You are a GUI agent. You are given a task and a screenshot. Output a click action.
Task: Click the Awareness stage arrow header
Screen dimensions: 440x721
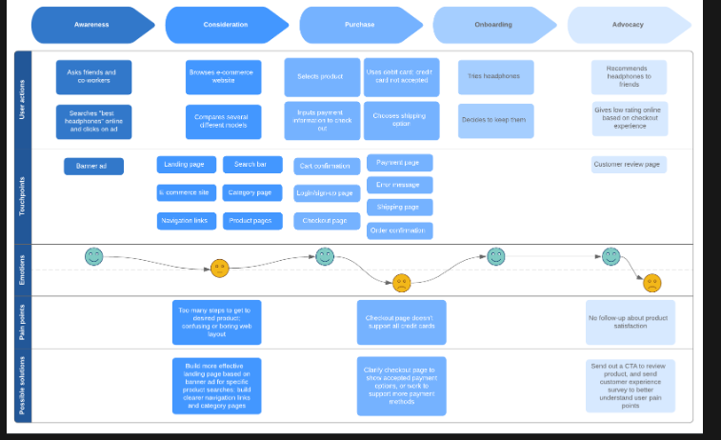(91, 25)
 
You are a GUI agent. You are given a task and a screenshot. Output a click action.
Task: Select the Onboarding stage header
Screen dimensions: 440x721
(493, 25)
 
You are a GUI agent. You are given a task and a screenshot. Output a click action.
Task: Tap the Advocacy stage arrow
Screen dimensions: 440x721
(628, 25)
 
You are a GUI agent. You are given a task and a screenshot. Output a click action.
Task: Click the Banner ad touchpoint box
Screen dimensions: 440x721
(93, 166)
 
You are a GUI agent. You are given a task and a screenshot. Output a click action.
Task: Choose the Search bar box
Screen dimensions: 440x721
(252, 165)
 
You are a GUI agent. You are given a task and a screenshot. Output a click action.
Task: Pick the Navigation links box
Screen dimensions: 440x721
(186, 221)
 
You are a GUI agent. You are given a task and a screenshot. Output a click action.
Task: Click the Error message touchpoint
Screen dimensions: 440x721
(399, 185)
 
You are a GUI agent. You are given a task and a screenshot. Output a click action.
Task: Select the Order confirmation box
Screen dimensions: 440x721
(399, 230)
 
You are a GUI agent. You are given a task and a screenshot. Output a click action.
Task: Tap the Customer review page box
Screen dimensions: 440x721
(628, 165)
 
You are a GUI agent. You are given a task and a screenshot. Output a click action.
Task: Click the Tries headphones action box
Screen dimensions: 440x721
(495, 77)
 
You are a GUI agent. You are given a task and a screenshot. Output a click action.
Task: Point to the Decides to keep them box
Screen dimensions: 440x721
(495, 121)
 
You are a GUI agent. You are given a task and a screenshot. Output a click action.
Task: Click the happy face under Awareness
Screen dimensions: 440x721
(93, 256)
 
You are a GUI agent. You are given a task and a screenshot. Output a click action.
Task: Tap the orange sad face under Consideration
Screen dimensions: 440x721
(220, 269)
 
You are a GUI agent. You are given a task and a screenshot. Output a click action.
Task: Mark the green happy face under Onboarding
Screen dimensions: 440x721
(496, 256)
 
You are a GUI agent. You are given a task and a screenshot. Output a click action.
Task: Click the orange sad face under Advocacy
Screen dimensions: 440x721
(651, 282)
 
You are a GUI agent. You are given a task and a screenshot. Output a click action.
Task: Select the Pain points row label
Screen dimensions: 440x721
(23, 323)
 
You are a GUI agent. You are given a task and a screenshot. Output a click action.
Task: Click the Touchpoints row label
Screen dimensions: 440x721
(23, 195)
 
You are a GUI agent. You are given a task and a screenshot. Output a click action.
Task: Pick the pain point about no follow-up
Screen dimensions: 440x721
(630, 323)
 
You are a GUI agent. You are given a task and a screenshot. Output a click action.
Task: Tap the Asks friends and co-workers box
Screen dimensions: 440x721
(93, 77)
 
